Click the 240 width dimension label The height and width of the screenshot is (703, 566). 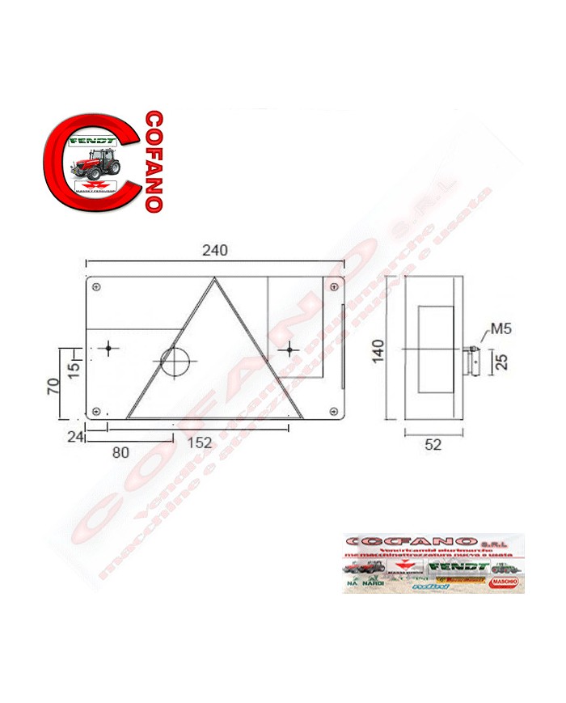coord(215,251)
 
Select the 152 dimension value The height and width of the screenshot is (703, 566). coord(198,443)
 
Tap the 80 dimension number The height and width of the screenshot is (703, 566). coord(120,452)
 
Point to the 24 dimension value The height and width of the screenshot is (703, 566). coord(76,437)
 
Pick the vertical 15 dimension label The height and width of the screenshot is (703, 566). coord(73,370)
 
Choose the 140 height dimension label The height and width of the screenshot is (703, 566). coord(378,350)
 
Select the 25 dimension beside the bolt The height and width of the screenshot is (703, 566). coord(501,361)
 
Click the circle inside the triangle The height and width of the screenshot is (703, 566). coord(173,361)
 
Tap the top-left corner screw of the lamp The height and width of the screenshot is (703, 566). coord(96,286)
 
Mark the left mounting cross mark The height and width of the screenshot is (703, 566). coord(109,349)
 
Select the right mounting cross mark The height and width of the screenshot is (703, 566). coord(289,349)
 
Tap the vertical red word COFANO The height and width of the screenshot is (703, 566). coord(154,161)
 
